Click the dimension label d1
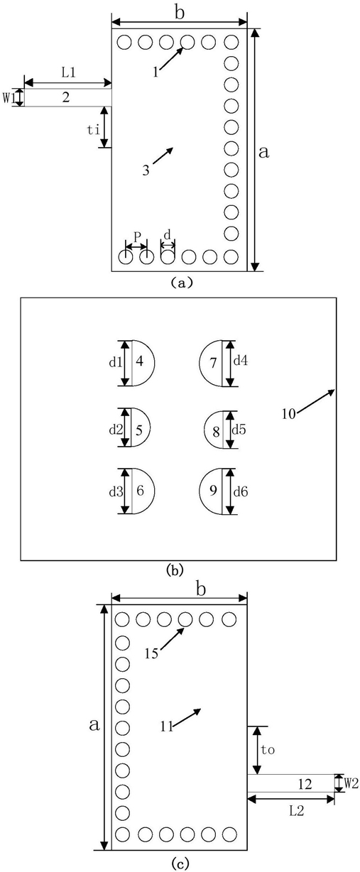click(115, 362)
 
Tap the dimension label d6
click(241, 492)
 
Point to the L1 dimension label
click(68, 73)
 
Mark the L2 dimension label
click(296, 810)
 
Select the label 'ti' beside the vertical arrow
click(94, 130)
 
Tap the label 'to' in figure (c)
click(268, 749)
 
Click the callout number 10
click(289, 414)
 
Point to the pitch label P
click(137, 236)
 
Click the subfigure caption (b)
click(175, 570)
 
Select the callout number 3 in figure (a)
click(146, 170)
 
